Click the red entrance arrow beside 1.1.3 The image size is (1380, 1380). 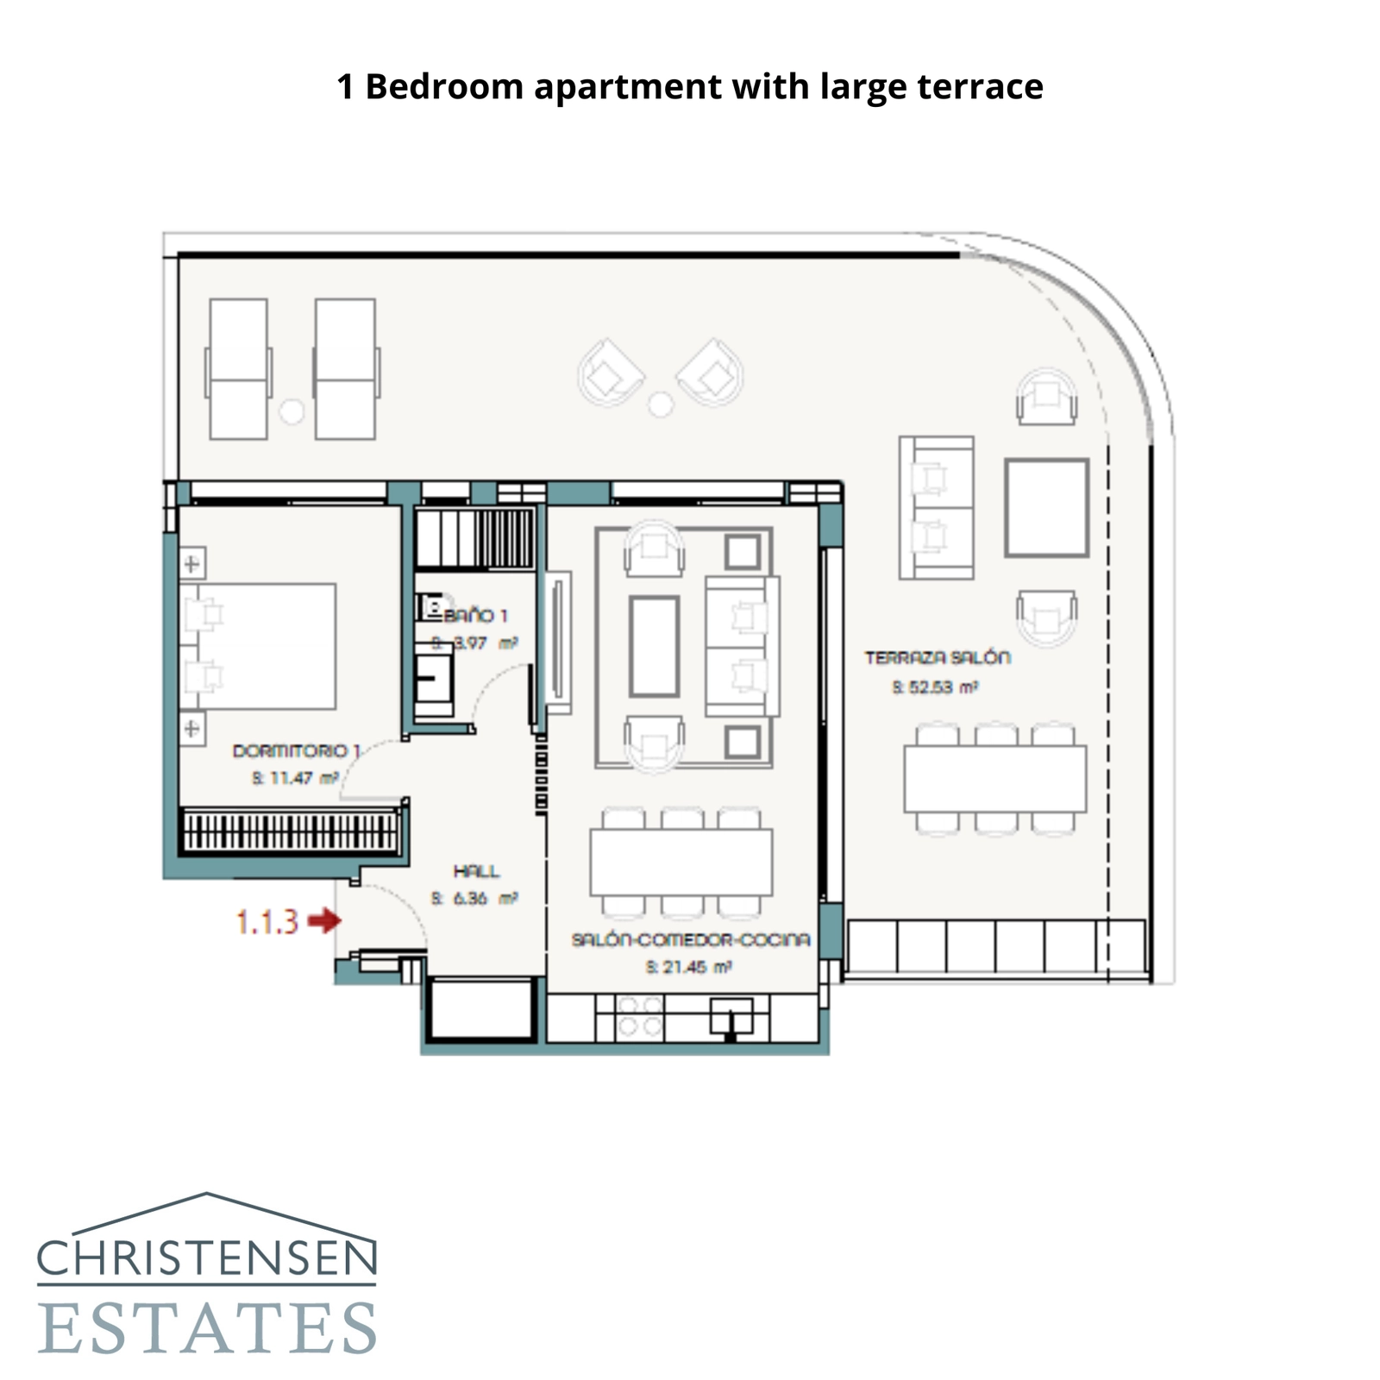pos(325,921)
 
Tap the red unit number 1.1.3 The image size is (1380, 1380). pos(267,922)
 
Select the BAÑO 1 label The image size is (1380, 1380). pos(475,616)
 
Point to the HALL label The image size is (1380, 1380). pos(476,871)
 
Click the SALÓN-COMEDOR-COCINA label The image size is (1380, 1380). pos(691,939)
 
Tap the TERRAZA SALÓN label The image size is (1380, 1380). pos(938,658)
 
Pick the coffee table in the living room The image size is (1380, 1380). pos(654,646)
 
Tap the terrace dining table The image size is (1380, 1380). pos(994,779)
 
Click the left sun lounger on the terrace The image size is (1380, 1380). pos(238,369)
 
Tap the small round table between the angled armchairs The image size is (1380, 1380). pos(661,404)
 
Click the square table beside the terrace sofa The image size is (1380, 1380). pos(1046,508)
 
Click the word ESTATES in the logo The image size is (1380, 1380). pos(207,1328)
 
